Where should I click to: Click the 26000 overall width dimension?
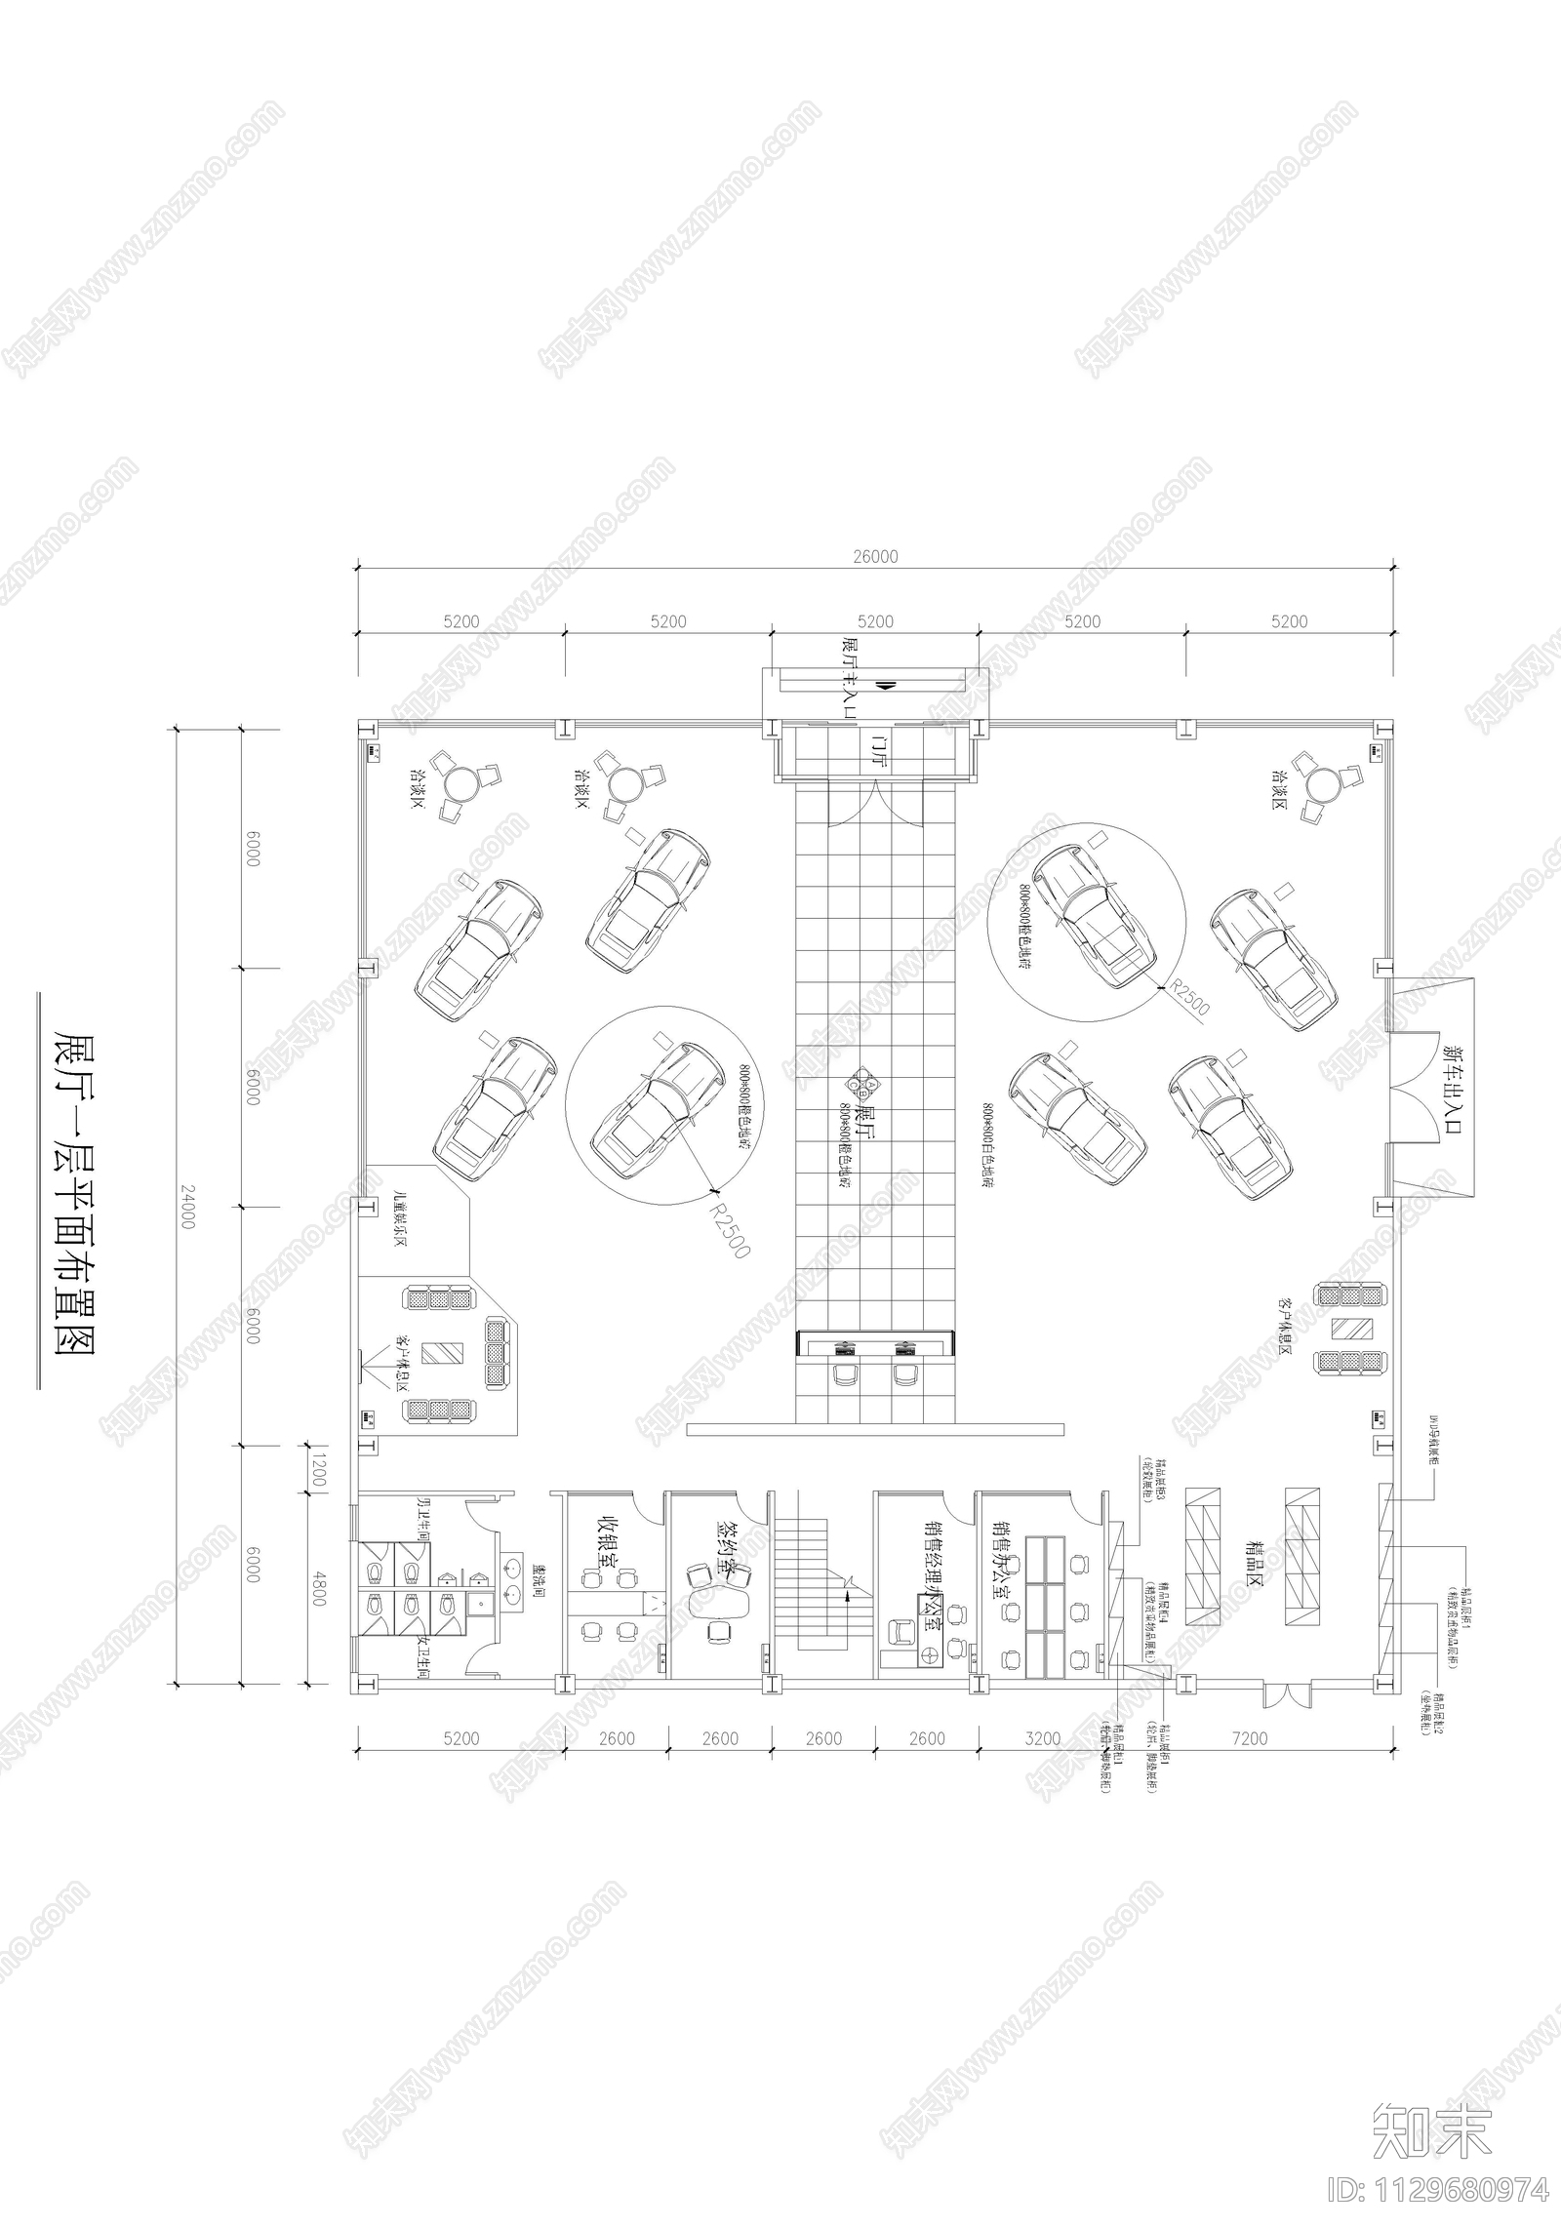(x=874, y=557)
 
